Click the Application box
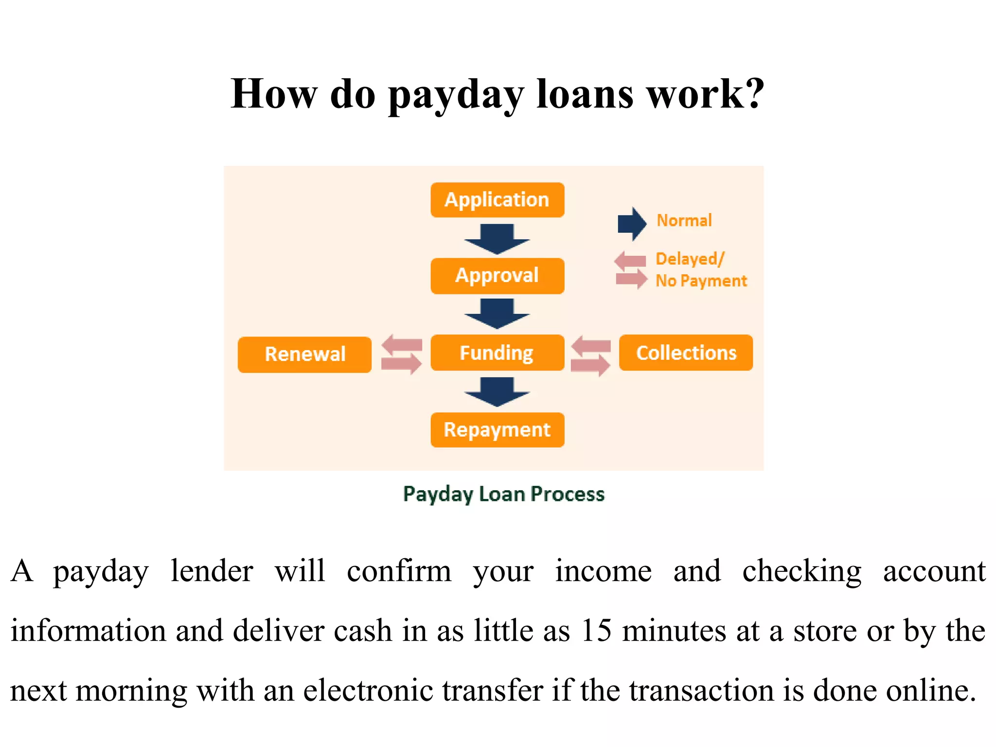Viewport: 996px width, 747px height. click(497, 200)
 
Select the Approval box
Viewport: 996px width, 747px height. click(497, 276)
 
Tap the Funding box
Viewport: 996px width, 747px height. click(497, 353)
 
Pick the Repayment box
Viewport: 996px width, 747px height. click(497, 430)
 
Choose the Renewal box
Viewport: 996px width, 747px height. click(304, 355)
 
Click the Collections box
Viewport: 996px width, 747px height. click(686, 353)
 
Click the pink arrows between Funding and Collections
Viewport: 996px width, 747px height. click(591, 356)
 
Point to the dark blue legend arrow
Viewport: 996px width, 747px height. click(632, 224)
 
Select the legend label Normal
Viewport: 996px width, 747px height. click(684, 220)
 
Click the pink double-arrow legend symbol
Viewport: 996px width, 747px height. click(631, 270)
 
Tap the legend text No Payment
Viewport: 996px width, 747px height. click(701, 281)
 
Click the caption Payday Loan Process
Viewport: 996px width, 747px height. click(504, 494)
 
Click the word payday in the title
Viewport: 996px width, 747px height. click(456, 94)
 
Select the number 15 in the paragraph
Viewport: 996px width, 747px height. click(596, 630)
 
